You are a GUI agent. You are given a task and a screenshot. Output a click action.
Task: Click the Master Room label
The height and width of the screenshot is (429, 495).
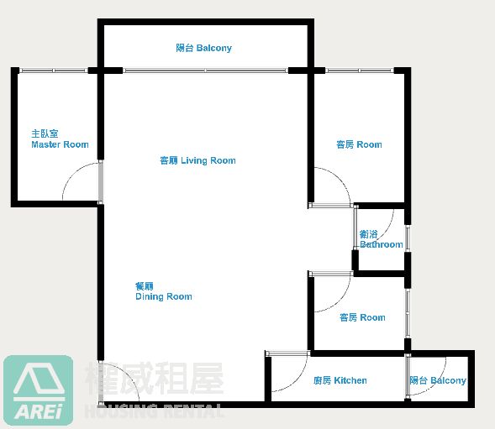pos(60,139)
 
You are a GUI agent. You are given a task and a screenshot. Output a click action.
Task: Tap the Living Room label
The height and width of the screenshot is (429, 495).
pos(198,160)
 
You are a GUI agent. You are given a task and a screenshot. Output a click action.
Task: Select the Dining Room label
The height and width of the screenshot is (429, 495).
pos(164,291)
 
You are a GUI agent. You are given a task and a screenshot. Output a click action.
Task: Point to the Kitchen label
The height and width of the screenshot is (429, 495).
pos(340,380)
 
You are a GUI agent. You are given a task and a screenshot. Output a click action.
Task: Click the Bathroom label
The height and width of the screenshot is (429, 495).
pos(381,239)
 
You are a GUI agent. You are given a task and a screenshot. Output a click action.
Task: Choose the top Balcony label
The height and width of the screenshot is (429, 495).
pos(204,48)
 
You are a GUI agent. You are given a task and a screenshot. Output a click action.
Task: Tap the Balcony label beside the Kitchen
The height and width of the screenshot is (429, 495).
pos(438,380)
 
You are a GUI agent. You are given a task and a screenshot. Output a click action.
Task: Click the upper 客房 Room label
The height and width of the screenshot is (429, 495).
pos(359,144)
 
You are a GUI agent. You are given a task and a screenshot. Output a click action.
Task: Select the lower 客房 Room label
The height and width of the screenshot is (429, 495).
pos(362,317)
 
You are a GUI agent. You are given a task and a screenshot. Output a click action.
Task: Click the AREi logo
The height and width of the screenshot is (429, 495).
pos(38,390)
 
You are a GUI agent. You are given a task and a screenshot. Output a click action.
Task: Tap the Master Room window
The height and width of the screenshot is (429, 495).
pos(53,71)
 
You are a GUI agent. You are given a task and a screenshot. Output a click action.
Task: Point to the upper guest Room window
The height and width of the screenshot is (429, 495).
pos(360,71)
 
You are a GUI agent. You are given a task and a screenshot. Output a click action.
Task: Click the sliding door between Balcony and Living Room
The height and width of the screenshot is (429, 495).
pos(206,71)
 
